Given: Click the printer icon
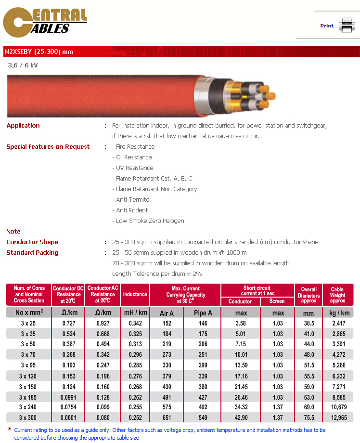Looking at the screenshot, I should pos(346,25).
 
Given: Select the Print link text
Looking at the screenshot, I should pos(327,26).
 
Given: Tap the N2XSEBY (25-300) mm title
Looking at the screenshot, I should pos(39,52).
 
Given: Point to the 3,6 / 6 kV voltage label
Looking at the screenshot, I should pos(23,65).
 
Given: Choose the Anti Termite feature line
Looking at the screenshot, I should pos(132,200).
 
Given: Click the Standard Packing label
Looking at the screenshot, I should pos(32,253).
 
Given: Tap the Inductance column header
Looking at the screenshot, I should pos(135,294).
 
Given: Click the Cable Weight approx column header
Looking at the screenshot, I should pos(337,295).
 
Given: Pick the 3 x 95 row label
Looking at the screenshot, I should pos(29,365).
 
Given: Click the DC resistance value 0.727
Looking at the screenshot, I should pos(69,324).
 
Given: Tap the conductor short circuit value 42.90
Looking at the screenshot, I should pos(241,417).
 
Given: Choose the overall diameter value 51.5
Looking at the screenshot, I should pos(309,365).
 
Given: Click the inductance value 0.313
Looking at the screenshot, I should pos(135,344).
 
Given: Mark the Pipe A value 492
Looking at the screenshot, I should pos(203,407).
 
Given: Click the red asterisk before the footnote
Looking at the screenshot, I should pos(10,429).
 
